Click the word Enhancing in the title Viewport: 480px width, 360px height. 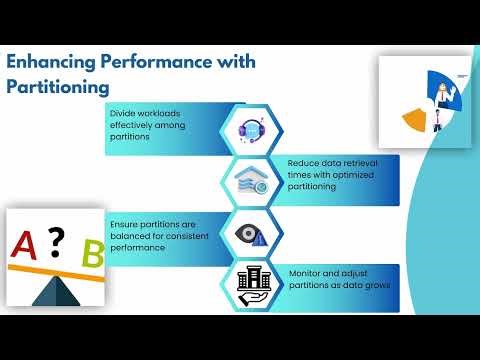pos(50,62)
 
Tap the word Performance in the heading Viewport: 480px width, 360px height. pos(154,62)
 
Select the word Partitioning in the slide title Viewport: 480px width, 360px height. pos(57,88)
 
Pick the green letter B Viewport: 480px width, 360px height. pos(92,253)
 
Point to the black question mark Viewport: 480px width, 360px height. pos(57,238)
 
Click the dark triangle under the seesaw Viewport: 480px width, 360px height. pos(59,291)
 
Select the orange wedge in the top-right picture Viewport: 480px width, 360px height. pos(413,120)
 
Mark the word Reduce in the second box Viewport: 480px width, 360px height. pos(303,161)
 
